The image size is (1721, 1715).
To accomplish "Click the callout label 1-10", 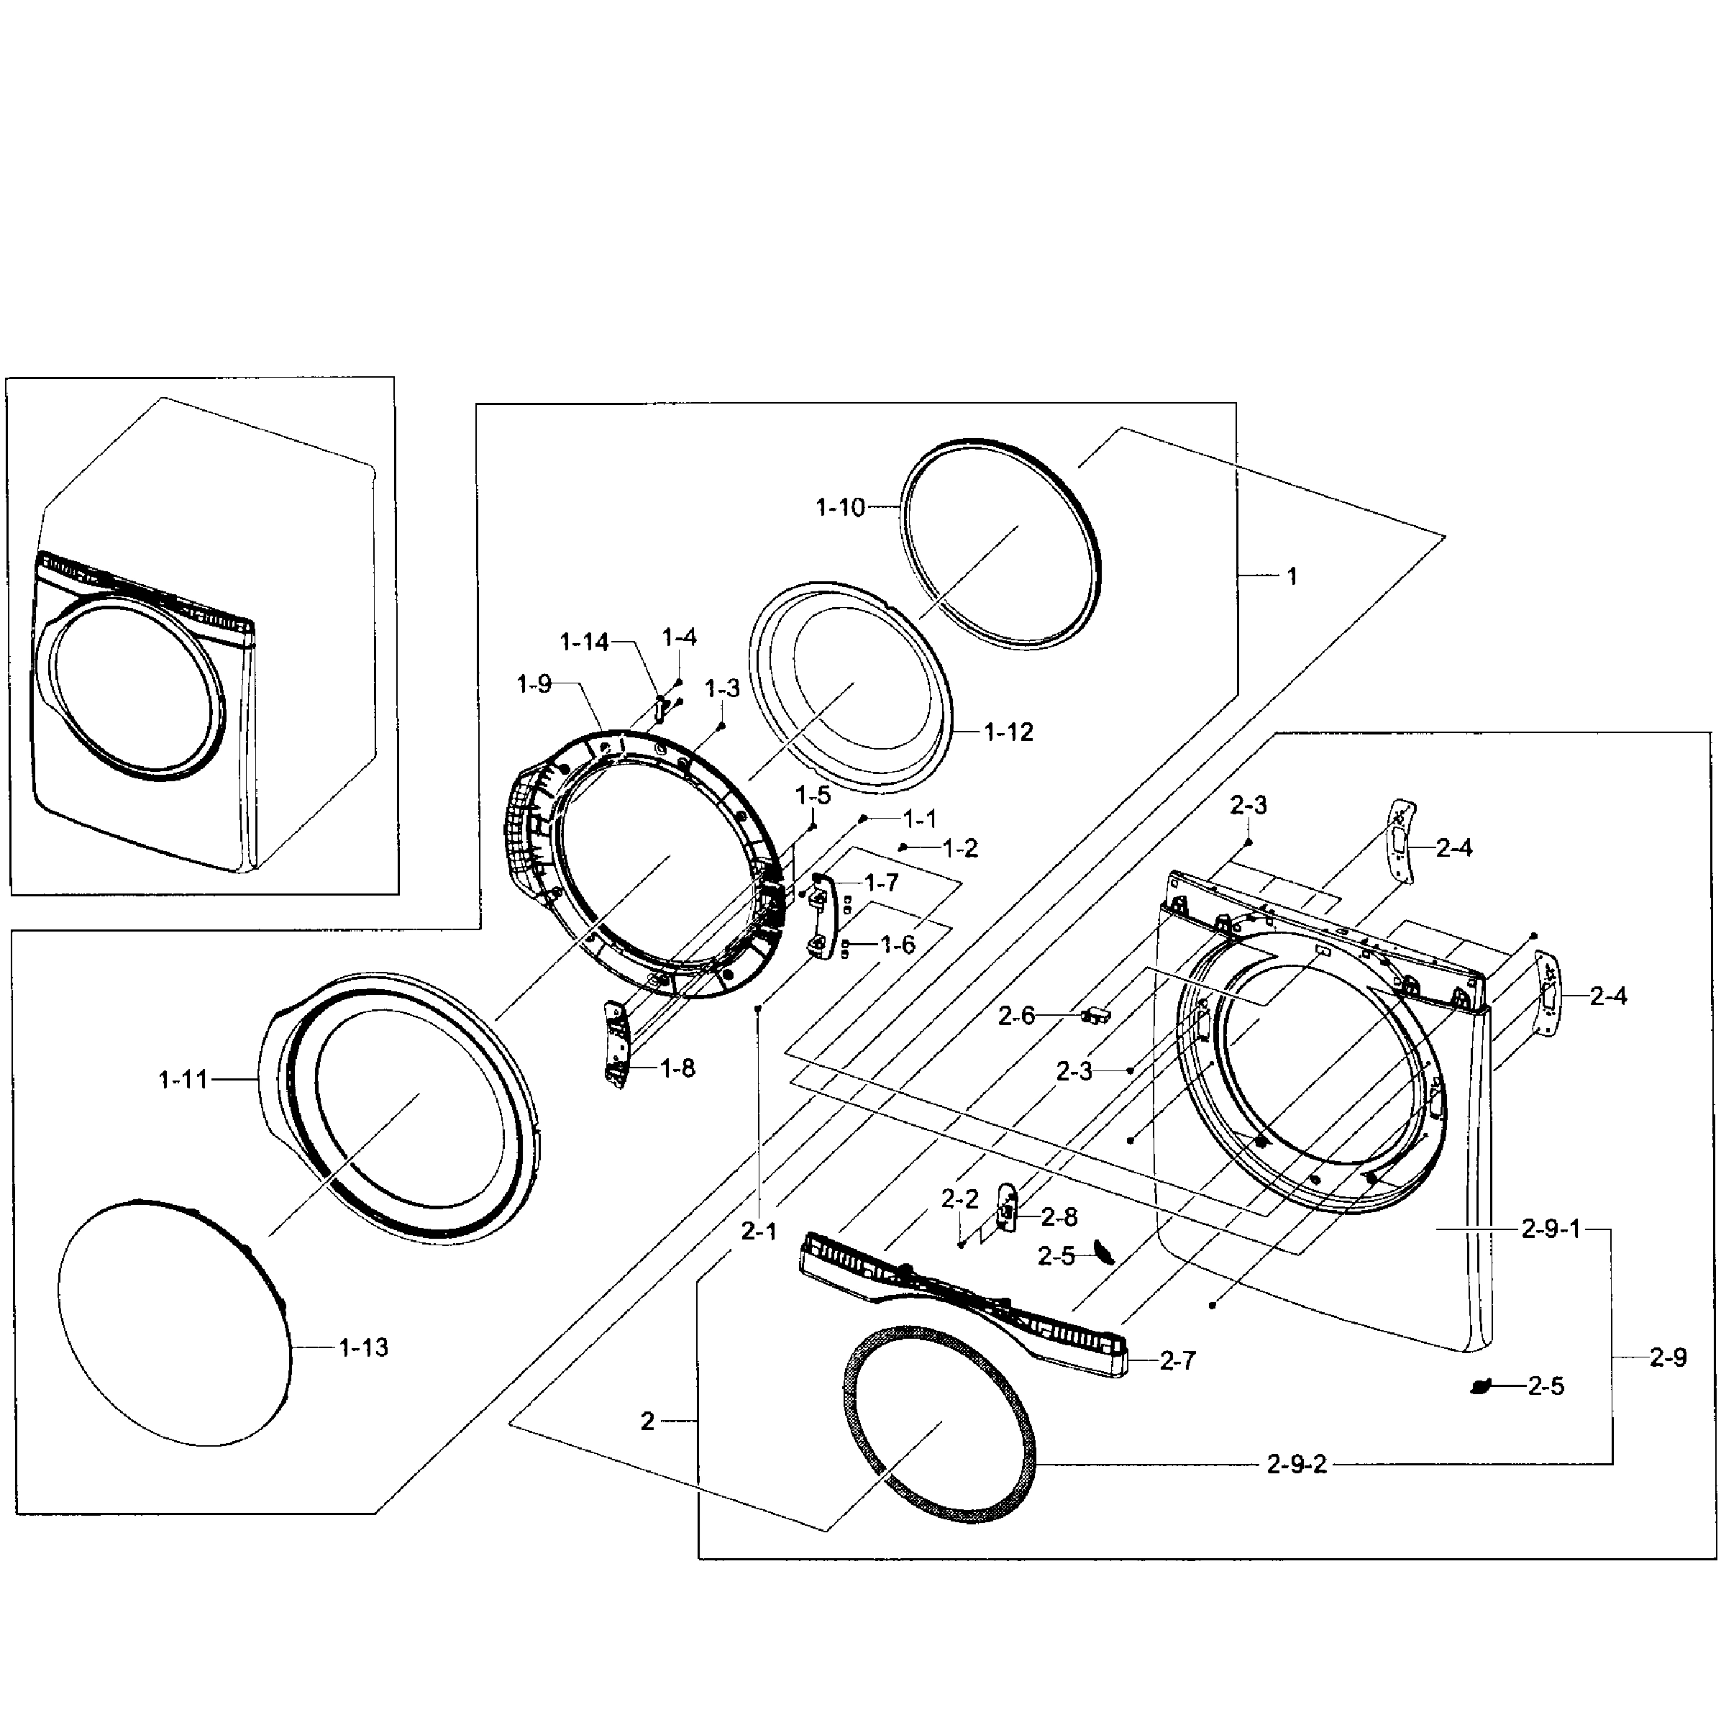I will pos(840,508).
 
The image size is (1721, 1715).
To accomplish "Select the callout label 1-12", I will pos(1008,732).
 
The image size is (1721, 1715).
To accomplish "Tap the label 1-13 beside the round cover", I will pos(363,1348).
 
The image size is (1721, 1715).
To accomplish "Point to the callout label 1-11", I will pos(183,1081).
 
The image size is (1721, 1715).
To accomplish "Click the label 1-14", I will pos(583,642).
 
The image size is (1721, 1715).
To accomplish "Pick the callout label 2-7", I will pos(1177,1360).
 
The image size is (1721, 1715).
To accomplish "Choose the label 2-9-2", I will pos(1296,1465).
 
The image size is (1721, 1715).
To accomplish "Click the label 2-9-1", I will pos(1550,1230).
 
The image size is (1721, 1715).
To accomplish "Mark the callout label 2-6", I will pos(1016,1016).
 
